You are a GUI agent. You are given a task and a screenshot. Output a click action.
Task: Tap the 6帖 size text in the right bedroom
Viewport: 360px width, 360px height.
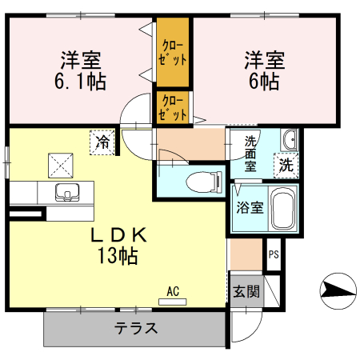coord(263,81)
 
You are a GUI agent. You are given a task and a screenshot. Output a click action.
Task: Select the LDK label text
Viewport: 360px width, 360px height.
coord(118,236)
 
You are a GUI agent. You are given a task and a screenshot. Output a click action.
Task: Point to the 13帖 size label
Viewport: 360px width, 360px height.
coord(118,256)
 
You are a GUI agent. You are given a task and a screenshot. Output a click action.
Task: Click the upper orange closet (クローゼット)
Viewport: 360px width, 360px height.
coord(173,52)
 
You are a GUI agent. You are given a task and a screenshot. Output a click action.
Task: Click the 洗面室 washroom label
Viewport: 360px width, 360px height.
coord(250,154)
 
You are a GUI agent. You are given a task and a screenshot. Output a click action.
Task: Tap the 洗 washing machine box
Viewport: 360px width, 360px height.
coord(286,166)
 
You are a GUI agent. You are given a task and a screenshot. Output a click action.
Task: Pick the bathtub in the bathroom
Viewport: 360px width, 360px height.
coord(282,208)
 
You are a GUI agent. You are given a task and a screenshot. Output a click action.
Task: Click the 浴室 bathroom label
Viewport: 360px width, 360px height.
coord(249,208)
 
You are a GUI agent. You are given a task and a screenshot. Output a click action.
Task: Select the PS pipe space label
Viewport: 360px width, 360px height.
coord(274,256)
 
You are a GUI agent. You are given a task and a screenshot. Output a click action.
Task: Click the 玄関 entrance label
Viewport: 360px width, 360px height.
coord(246,291)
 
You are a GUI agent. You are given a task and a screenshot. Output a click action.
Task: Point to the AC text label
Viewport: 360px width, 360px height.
coord(172,290)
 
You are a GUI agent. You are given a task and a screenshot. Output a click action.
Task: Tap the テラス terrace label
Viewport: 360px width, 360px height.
coord(134,328)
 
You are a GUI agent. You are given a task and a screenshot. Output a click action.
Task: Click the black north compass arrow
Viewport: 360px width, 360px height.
coord(337,289)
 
